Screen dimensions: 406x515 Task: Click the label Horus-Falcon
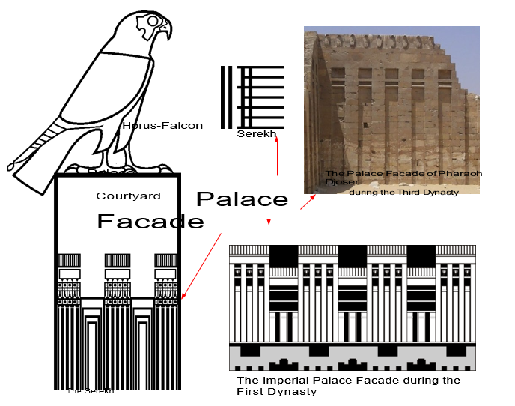pyautogui.click(x=162, y=125)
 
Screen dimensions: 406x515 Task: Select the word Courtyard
pyautogui.click(x=128, y=196)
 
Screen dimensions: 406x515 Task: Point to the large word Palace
pyautogui.click(x=242, y=199)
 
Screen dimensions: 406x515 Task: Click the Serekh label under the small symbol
pyautogui.click(x=256, y=134)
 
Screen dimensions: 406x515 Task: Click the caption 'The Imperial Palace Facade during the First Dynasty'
pyautogui.click(x=347, y=385)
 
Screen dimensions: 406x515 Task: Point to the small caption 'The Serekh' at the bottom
pyautogui.click(x=90, y=390)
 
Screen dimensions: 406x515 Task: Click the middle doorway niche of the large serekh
pyautogui.click(x=118, y=352)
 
